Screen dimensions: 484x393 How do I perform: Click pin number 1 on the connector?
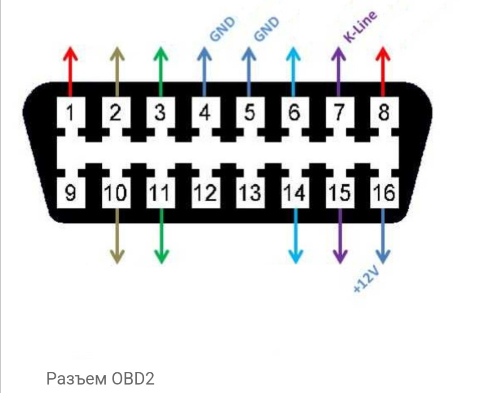pos(70,112)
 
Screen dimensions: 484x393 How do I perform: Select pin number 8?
pos(383,112)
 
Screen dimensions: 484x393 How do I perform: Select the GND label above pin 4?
pos(223,29)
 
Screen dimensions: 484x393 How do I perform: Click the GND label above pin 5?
pos(267,29)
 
